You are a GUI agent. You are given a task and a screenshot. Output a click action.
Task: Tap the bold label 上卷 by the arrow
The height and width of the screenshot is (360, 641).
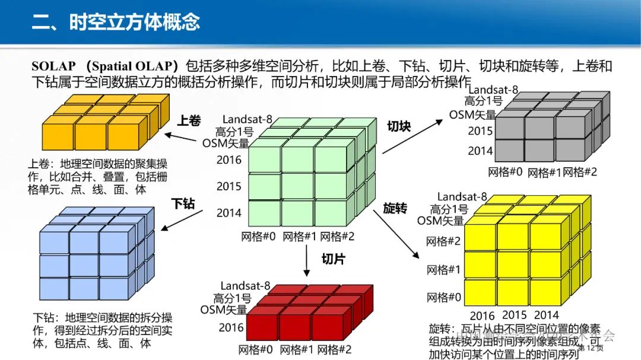point(189,120)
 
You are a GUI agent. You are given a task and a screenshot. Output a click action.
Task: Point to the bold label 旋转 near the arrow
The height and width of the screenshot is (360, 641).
point(395,208)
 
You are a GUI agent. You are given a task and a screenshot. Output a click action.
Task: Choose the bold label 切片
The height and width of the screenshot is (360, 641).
point(333,259)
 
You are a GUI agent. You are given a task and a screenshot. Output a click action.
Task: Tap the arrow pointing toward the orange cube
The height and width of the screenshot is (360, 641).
point(180,138)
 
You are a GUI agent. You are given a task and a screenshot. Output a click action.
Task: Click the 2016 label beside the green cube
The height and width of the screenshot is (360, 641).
point(229,160)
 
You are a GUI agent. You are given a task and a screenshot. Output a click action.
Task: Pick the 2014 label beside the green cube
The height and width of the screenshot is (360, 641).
point(229,212)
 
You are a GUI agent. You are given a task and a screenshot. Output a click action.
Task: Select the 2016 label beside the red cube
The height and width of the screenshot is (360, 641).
point(230,327)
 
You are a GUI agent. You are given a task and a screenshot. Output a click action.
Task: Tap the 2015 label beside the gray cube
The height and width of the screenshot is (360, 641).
point(480,130)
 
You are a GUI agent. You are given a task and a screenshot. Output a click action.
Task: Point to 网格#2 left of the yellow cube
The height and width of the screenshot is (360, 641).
point(443,241)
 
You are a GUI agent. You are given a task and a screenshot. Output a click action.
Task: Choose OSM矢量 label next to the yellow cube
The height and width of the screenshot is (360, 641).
point(440,221)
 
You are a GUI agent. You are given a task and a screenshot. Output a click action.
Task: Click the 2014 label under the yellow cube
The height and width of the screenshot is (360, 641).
point(546,315)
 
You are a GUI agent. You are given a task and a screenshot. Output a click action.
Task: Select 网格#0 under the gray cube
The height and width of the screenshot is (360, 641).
point(505,172)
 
